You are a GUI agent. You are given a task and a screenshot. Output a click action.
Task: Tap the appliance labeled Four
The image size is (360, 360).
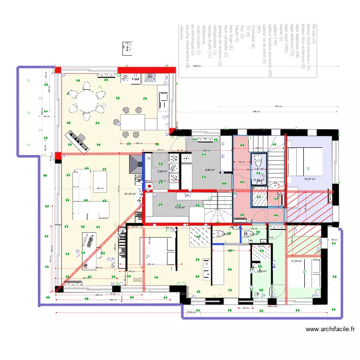tap(136, 78)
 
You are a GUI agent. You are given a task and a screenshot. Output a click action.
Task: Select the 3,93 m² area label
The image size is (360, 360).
tap(162, 171)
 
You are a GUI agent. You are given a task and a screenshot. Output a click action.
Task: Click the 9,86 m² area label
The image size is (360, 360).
tap(210, 169)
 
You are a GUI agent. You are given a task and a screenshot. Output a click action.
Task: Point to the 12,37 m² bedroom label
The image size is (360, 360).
tap(309, 179)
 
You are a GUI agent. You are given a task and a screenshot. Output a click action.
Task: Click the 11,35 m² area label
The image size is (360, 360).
tap(296, 261)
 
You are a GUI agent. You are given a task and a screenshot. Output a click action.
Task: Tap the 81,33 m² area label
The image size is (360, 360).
tap(130, 194)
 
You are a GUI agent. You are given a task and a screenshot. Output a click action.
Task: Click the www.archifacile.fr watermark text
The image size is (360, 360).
tap(331, 329)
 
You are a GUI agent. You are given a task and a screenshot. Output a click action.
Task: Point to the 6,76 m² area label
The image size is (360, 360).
tap(180, 207)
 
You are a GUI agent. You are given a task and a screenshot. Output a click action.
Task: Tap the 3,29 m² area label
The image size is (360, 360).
tap(262, 271)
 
